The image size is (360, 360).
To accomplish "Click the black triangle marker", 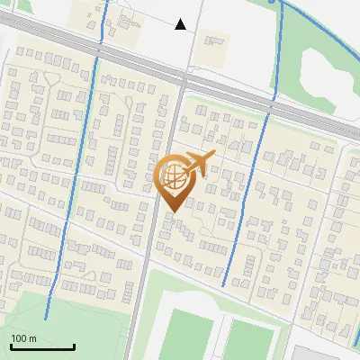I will [x=181, y=24].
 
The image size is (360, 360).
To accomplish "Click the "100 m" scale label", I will [x=24, y=338].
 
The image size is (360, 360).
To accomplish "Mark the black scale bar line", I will [x=42, y=347].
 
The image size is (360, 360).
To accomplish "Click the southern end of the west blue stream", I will [x=46, y=318].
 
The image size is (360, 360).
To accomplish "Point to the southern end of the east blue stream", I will [x=224, y=286].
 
